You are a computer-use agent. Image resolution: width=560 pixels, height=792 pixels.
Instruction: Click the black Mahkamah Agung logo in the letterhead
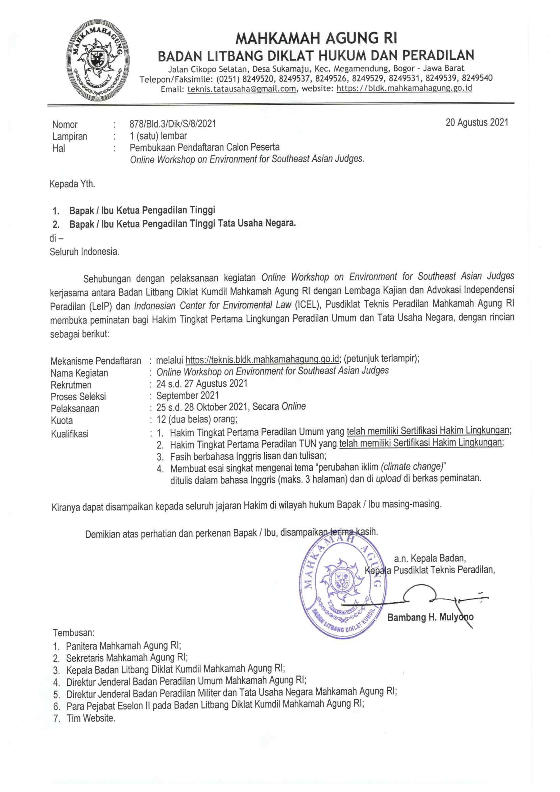coord(98,60)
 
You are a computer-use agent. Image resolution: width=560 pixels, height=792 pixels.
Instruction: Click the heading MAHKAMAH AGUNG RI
coord(316,38)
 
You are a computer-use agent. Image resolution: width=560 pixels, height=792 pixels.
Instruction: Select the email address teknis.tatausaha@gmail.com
coord(241,89)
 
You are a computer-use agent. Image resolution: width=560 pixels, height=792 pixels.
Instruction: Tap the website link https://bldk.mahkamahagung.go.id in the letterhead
coord(404,88)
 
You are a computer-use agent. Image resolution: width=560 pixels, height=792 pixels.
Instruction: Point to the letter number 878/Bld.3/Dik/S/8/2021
coord(173,123)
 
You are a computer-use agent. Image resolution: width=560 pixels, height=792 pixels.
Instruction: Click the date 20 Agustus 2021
coord(477,122)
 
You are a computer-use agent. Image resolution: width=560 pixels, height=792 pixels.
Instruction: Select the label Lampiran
coord(70,136)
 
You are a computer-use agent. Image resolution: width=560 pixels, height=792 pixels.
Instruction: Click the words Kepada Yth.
coord(72,184)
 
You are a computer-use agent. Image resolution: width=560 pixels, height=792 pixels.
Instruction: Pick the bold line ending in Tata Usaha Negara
coord(182,223)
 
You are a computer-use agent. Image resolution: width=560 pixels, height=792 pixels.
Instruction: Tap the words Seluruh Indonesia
coord(84,252)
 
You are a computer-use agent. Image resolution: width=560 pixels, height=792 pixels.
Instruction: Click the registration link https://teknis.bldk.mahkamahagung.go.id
coord(262,359)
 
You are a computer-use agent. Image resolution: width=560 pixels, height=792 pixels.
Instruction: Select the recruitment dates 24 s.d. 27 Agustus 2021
coord(202,384)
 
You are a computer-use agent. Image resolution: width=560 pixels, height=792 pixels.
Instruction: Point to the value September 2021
coord(188,395)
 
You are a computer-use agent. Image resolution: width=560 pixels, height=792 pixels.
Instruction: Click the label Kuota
coord(62,421)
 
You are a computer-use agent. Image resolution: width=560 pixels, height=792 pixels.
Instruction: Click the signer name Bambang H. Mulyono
coord(430,617)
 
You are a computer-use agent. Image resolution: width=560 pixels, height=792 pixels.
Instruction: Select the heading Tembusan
coord(73,633)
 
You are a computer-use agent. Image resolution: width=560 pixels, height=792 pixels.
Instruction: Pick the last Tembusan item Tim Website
coord(91,718)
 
